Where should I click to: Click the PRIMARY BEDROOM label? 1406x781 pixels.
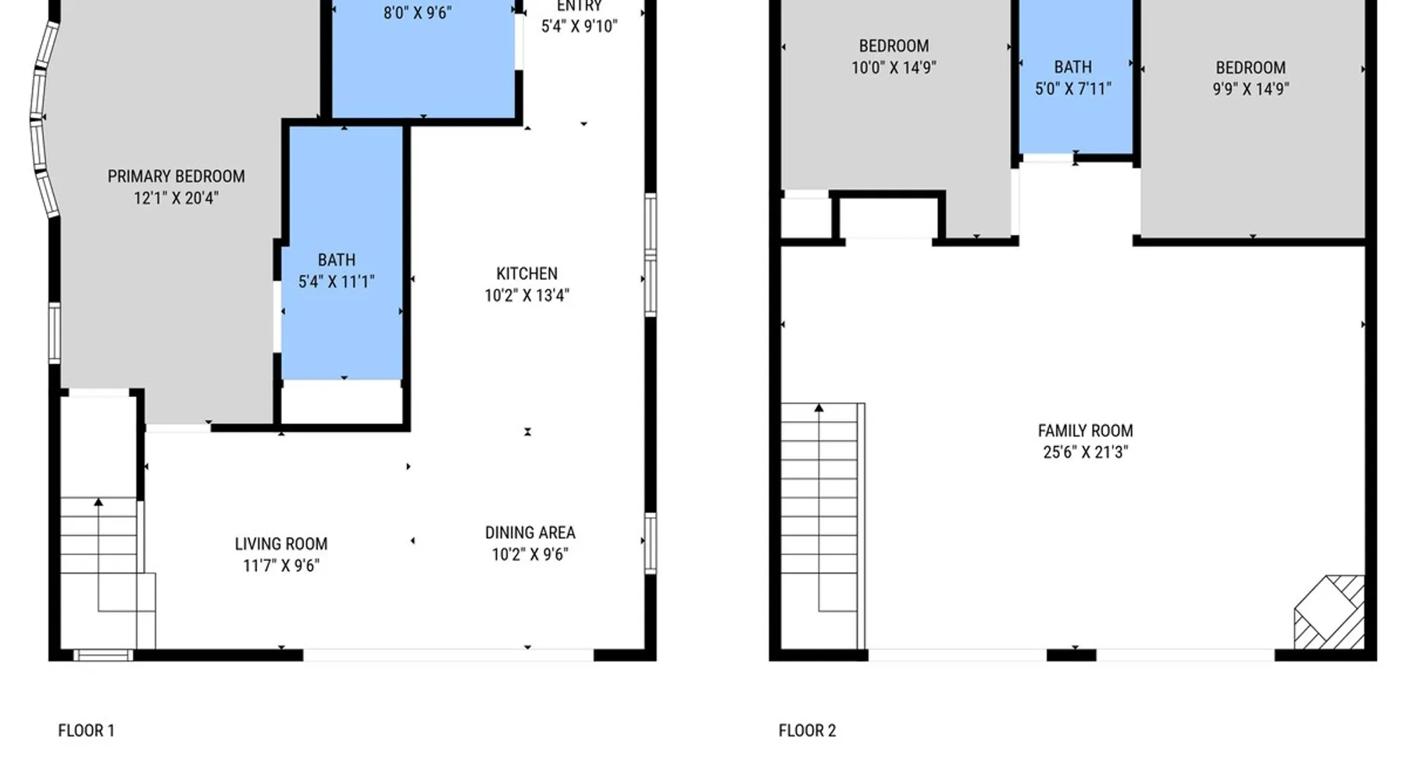pyautogui.click(x=176, y=177)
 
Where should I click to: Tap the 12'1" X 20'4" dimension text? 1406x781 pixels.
pyautogui.click(x=176, y=198)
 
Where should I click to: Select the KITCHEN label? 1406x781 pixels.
pyautogui.click(x=527, y=273)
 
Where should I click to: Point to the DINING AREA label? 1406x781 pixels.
pyautogui.click(x=530, y=533)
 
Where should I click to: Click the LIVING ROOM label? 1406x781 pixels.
pyautogui.click(x=281, y=544)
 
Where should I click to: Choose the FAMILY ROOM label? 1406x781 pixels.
pyautogui.click(x=1085, y=430)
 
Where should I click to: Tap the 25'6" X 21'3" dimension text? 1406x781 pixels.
pyautogui.click(x=1085, y=452)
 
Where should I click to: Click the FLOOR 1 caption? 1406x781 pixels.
pyautogui.click(x=86, y=730)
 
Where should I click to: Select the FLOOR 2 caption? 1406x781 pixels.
pyautogui.click(x=807, y=730)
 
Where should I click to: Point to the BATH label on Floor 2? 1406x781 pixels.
pyautogui.click(x=1072, y=67)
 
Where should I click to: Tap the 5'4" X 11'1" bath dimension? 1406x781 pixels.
pyautogui.click(x=336, y=282)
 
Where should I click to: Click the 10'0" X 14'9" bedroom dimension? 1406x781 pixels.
pyautogui.click(x=894, y=68)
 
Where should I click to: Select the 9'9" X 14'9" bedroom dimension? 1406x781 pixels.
pyautogui.click(x=1251, y=89)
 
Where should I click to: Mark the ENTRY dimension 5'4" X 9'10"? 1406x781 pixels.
pyautogui.click(x=580, y=27)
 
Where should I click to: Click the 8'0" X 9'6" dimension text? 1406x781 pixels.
pyautogui.click(x=417, y=13)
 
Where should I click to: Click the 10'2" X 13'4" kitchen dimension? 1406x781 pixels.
pyautogui.click(x=527, y=295)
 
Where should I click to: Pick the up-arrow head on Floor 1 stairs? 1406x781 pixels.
pyautogui.click(x=98, y=502)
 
